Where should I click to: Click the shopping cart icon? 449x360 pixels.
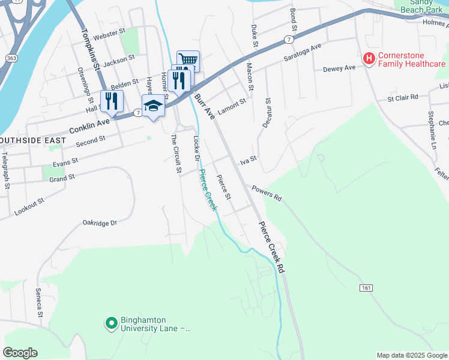188,60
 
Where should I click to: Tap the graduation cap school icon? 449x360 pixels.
153,106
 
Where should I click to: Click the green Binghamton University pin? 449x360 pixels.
111,324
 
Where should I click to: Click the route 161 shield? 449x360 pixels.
367,288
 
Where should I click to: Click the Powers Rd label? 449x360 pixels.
267,193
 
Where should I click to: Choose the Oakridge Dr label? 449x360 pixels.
99,223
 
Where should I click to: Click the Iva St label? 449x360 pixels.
249,160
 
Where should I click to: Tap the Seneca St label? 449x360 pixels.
39,302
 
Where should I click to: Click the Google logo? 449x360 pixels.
20,352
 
